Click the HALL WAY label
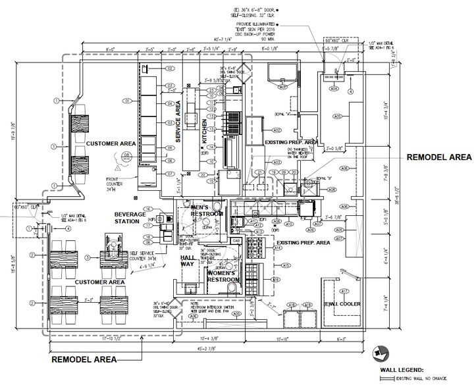(x=188, y=262)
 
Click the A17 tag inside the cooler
(x=344, y=290)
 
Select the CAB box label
(x=236, y=240)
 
